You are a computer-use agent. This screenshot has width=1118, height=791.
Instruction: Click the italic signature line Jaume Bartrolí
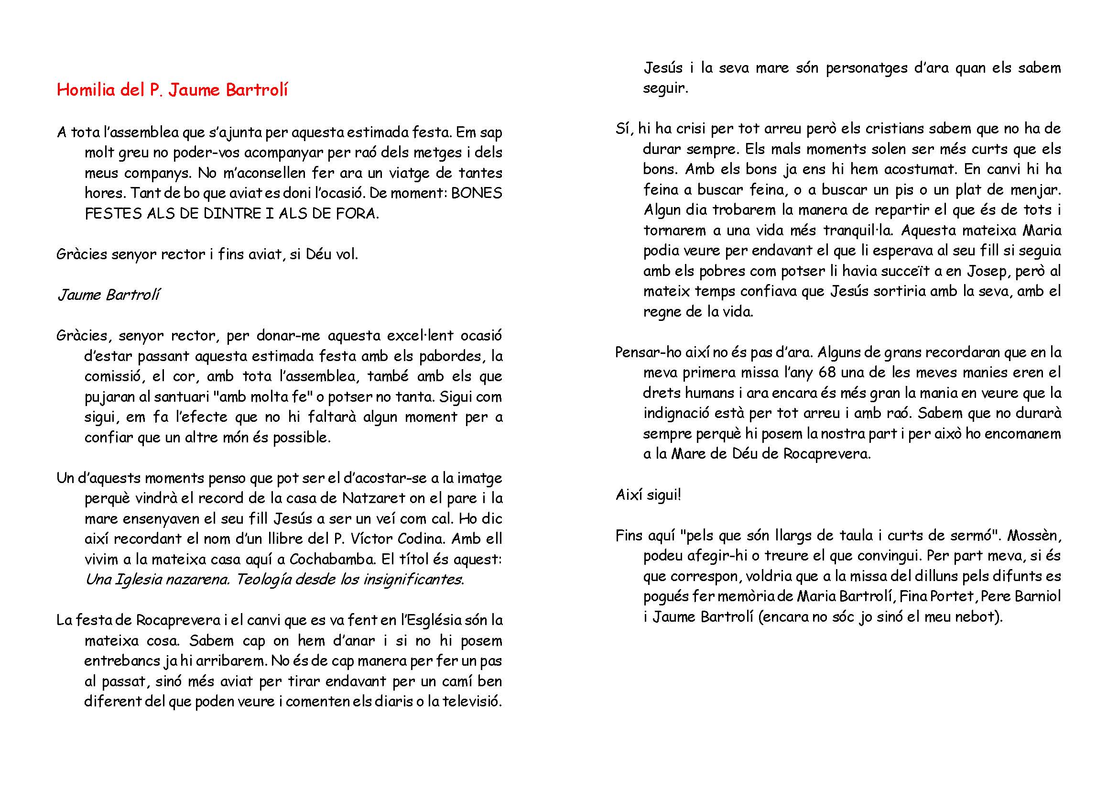(108, 295)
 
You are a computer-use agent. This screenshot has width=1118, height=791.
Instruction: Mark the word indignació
(675, 414)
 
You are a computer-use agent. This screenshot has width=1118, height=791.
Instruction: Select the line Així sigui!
(648, 495)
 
